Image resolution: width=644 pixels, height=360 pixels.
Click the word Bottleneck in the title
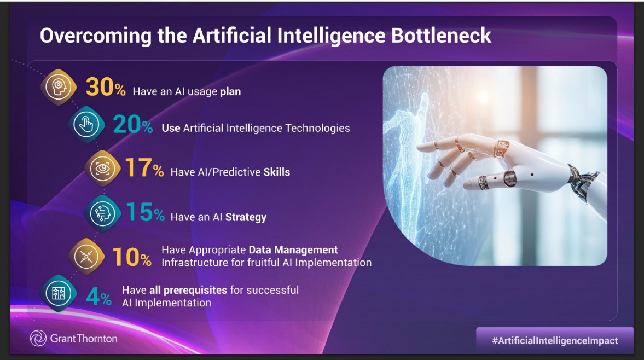click(x=441, y=36)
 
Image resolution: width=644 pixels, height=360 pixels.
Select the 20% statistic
click(x=132, y=124)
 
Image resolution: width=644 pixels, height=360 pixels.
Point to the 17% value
click(x=144, y=168)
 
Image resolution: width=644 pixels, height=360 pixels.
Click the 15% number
click(x=145, y=212)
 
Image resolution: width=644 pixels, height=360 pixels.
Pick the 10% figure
click(x=132, y=257)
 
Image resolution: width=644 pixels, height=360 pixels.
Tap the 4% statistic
click(x=98, y=296)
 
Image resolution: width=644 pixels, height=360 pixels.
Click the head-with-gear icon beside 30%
click(x=59, y=87)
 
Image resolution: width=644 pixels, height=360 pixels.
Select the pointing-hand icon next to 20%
click(x=86, y=125)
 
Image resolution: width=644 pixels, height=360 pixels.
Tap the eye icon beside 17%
click(x=102, y=169)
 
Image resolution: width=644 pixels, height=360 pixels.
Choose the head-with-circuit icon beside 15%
click(x=102, y=213)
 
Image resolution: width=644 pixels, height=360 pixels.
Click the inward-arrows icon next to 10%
click(x=86, y=257)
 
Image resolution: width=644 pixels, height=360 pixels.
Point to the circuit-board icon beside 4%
click(x=59, y=293)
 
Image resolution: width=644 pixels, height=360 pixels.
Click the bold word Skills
click(x=277, y=172)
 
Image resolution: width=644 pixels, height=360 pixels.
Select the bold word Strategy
click(x=246, y=217)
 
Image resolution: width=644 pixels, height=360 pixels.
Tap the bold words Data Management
click(x=293, y=250)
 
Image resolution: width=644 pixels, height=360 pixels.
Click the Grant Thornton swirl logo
click(x=38, y=338)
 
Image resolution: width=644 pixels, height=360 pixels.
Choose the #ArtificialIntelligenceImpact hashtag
click(x=555, y=341)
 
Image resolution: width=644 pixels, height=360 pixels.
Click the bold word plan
click(x=230, y=92)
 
